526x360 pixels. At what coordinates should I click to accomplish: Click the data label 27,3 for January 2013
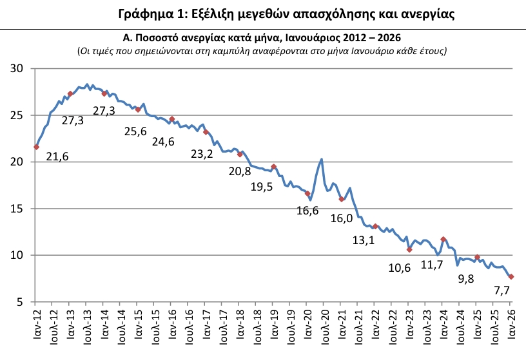click(73, 120)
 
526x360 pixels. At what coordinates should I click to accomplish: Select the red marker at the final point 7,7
click(511, 277)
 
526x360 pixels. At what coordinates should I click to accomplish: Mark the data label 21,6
click(57, 156)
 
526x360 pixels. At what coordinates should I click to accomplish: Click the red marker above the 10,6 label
click(409, 249)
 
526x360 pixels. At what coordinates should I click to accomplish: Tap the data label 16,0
click(341, 218)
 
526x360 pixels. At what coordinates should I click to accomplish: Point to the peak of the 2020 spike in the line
click(321, 159)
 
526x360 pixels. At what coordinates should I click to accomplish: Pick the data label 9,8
click(465, 279)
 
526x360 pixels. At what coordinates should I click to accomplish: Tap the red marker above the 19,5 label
click(274, 167)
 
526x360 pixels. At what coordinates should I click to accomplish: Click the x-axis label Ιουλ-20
click(324, 326)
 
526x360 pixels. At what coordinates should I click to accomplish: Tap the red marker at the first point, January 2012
click(36, 147)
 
